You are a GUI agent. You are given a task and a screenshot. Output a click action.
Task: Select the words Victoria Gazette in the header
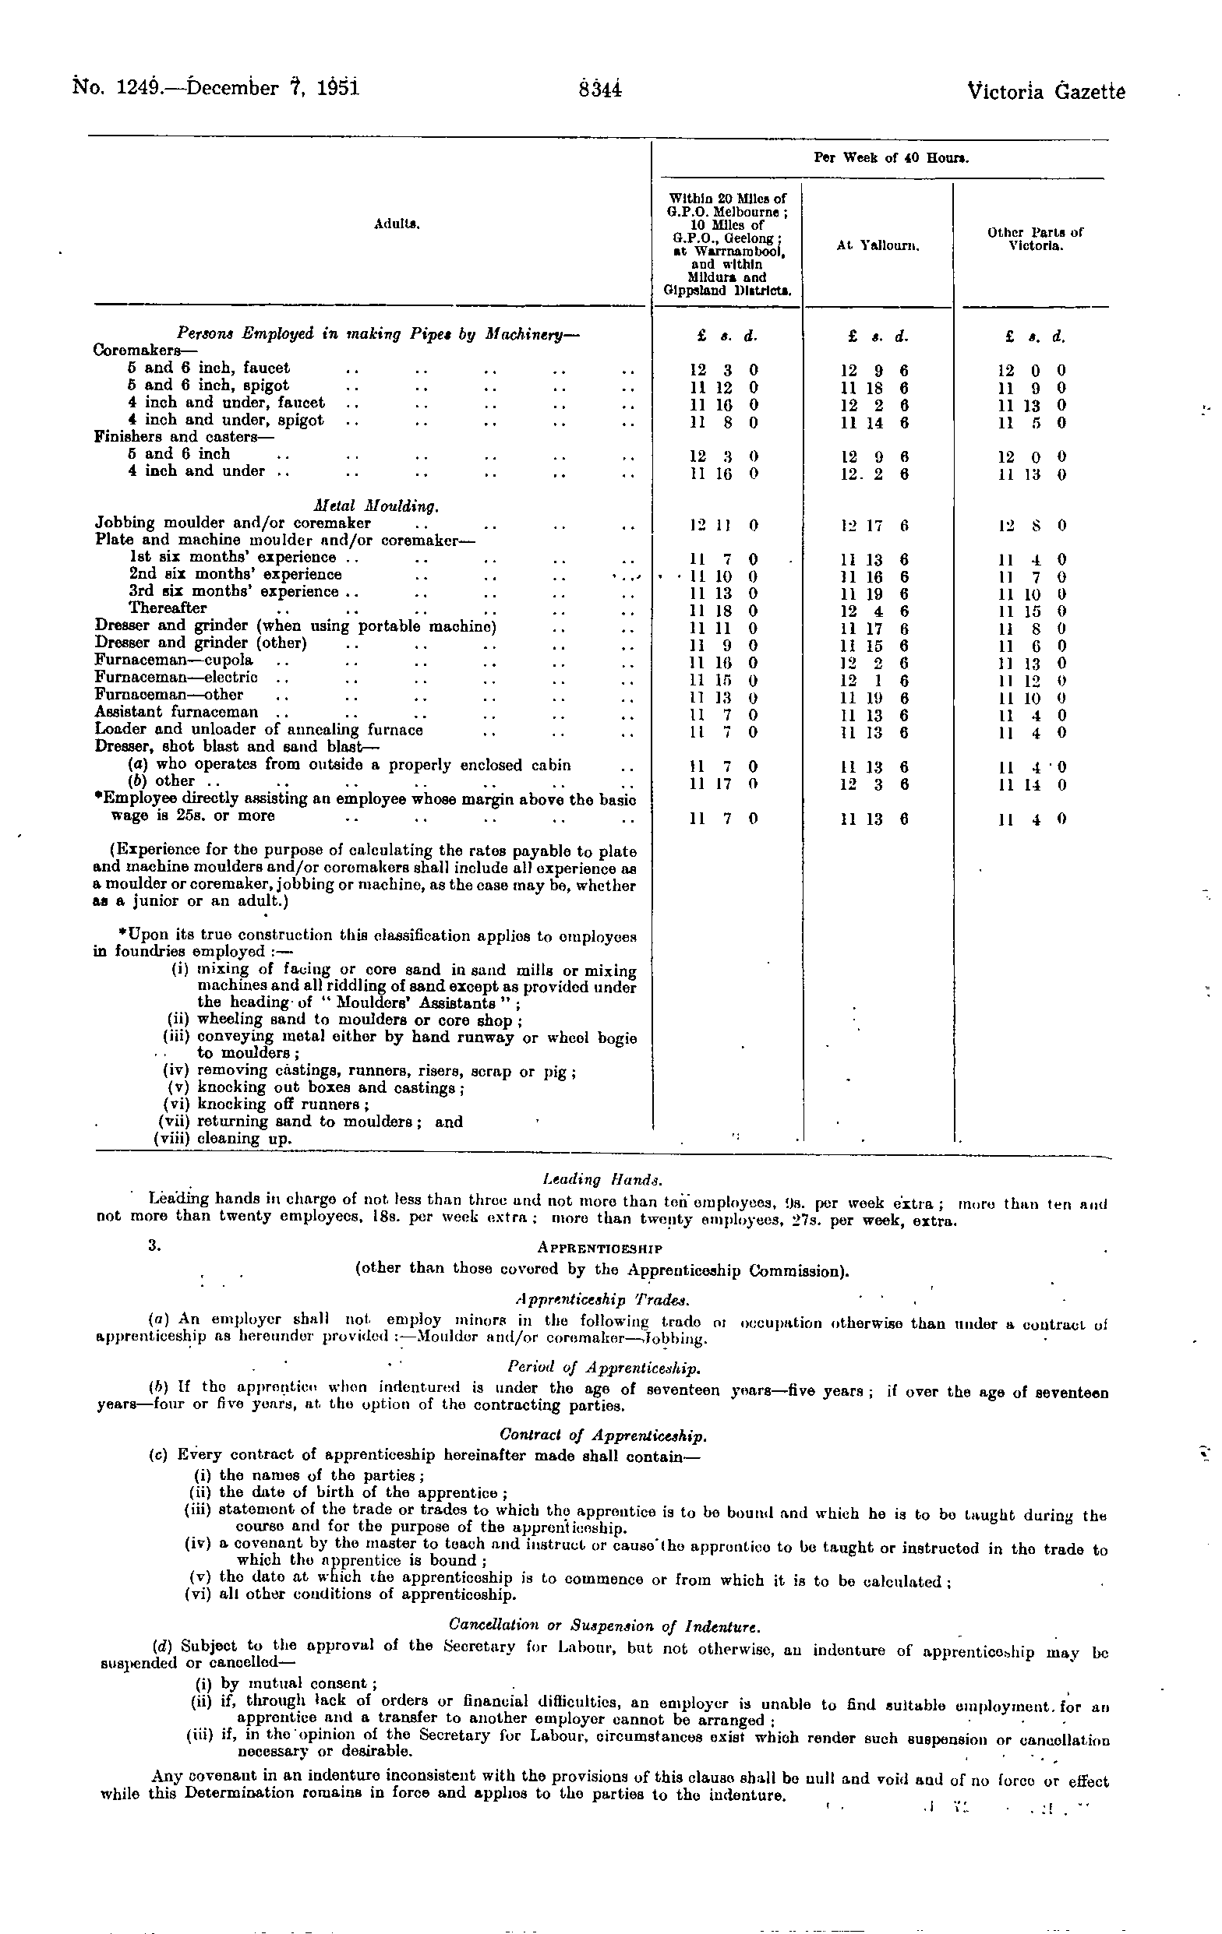(1046, 92)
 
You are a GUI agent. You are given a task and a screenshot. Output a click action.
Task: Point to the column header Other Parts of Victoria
(1036, 238)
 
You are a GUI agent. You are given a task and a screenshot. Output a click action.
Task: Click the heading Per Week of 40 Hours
(891, 158)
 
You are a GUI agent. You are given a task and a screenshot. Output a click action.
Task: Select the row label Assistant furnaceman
(177, 713)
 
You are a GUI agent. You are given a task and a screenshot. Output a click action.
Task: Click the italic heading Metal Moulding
(376, 506)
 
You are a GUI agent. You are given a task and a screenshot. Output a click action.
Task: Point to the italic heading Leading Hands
(602, 1180)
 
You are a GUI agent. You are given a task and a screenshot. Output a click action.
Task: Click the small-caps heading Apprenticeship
(599, 1249)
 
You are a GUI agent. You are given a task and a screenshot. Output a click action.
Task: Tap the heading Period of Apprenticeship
(603, 1367)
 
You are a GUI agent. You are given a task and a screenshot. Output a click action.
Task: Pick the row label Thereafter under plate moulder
(168, 609)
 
